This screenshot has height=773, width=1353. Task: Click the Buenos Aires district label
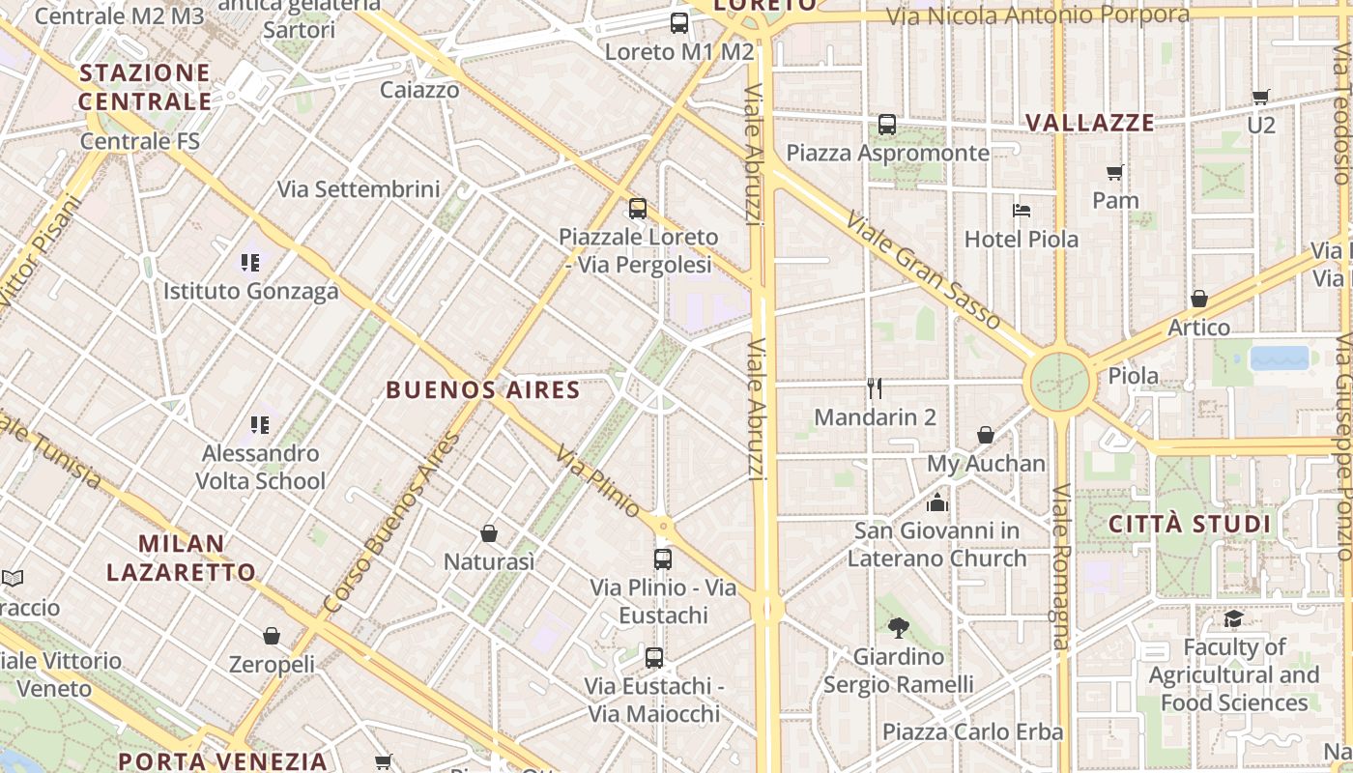(483, 390)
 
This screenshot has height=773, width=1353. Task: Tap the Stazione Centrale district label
(145, 87)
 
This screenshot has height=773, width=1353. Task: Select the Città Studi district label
(1189, 525)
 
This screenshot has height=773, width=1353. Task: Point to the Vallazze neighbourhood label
(1090, 123)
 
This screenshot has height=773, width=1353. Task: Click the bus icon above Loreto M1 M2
(679, 23)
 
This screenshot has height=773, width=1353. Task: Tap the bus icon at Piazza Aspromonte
(887, 125)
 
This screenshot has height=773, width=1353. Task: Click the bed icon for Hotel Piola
(1022, 210)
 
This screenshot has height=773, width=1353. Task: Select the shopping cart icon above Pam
(1115, 172)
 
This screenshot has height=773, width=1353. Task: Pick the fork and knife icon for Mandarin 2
(875, 388)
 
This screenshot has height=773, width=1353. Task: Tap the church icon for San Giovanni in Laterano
(936, 502)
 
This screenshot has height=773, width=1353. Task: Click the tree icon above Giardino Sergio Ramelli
(899, 628)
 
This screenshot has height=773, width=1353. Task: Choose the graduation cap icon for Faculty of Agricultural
(1233, 618)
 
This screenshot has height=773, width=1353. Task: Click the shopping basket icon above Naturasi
(489, 533)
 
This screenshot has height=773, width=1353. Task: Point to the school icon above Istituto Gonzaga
(251, 262)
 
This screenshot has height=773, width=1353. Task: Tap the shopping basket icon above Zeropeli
(272, 636)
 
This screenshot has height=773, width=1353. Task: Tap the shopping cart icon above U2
(1260, 97)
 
